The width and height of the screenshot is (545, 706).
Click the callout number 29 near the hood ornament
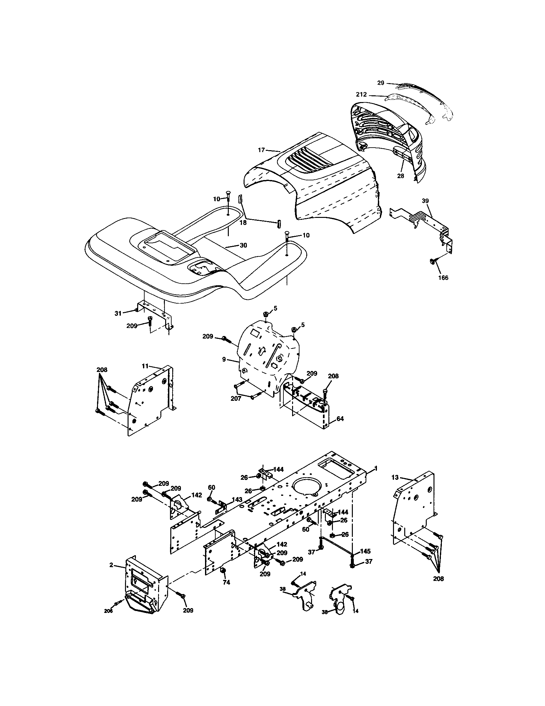click(x=380, y=83)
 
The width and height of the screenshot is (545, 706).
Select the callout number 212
click(x=361, y=95)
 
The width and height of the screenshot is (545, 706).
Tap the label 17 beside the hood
click(x=261, y=150)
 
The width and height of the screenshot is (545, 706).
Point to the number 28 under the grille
click(x=401, y=176)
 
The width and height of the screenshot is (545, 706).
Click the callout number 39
click(x=425, y=201)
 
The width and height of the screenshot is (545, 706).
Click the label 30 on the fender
click(x=243, y=245)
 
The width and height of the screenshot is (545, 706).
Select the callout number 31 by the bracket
click(x=118, y=313)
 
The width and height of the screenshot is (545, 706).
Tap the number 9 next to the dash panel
click(x=224, y=359)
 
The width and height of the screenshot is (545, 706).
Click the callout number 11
click(x=145, y=366)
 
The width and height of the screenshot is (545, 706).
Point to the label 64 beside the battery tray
click(x=340, y=418)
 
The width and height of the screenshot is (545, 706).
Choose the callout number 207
click(x=236, y=399)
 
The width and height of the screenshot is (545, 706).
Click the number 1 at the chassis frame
click(x=375, y=469)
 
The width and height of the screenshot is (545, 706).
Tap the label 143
click(x=237, y=499)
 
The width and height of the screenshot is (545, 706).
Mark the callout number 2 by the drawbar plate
click(x=111, y=565)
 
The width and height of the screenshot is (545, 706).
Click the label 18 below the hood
click(x=243, y=222)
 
